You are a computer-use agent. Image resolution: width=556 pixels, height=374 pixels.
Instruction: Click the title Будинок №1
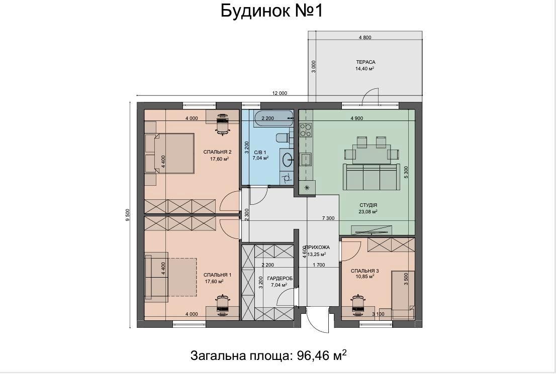[271, 11]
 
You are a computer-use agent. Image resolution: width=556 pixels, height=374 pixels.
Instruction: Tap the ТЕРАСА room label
[365, 62]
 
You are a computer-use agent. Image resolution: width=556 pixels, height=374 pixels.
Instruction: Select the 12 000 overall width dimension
[280, 93]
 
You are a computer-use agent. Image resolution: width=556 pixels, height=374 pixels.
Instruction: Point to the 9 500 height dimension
[128, 215]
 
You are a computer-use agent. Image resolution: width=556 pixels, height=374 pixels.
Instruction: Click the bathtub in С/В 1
[274, 118]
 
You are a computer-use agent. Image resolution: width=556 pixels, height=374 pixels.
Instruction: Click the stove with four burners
[306, 130]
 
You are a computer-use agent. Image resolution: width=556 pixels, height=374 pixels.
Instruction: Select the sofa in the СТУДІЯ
[371, 177]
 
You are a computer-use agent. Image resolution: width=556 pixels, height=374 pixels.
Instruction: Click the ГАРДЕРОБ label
[280, 279]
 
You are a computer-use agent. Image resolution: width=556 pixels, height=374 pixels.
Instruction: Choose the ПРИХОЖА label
[318, 247]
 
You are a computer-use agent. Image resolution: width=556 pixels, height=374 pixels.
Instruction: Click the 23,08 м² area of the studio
[367, 211]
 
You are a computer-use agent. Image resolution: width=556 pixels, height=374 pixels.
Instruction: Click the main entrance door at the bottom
[318, 320]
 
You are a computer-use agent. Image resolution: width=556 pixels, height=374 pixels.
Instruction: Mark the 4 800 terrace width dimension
[365, 37]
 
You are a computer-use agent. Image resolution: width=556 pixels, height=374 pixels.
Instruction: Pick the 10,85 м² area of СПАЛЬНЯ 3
[365, 277]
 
